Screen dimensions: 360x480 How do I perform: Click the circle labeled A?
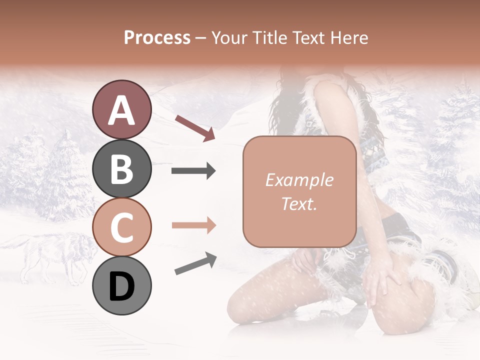point(121,109)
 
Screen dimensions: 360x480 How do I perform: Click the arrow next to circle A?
point(195,127)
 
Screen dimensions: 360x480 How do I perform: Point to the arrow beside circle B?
point(193,171)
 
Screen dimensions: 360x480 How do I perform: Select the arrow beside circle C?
point(193,226)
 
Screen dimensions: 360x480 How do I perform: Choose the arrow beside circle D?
point(195,263)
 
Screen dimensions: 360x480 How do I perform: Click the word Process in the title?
point(157,38)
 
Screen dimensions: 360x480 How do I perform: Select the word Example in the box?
point(299,180)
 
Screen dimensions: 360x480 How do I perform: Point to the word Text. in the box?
point(299,203)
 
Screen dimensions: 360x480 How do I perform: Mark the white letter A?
point(121,110)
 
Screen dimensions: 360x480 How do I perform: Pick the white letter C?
point(121,227)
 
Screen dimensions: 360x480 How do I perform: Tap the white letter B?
point(121,169)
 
